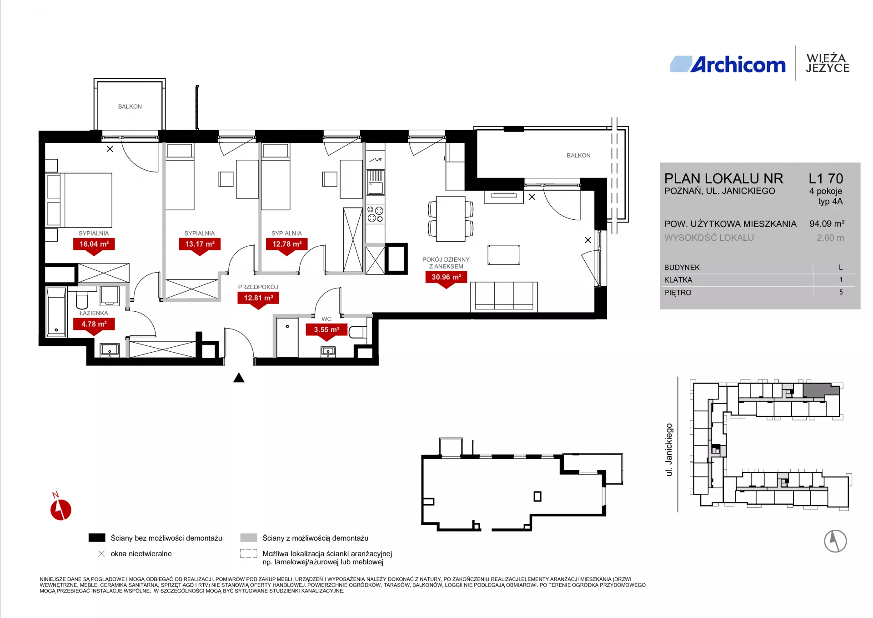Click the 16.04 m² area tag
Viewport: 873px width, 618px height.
point(94,244)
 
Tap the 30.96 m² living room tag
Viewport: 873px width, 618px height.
point(446,277)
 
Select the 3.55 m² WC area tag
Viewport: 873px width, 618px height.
point(326,330)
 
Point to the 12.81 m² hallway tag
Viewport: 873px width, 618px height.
point(258,298)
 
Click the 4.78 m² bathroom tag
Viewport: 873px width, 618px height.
point(94,324)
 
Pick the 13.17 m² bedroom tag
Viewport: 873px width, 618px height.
point(200,244)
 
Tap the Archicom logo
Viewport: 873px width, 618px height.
point(728,65)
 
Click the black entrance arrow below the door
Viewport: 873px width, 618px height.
point(239,378)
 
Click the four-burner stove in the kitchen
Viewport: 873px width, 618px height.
point(376,214)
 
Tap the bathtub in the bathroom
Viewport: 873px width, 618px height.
point(56,312)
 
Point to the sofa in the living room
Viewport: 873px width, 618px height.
point(504,297)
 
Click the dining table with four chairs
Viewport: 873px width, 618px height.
point(451,219)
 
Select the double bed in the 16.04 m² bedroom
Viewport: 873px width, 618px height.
point(79,200)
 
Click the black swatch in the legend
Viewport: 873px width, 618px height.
point(97,538)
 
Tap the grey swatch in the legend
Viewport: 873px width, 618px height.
point(249,538)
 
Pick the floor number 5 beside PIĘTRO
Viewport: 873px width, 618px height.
point(841,293)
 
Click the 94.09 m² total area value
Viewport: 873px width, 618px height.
point(827,224)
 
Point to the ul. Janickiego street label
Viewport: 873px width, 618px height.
point(669,450)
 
